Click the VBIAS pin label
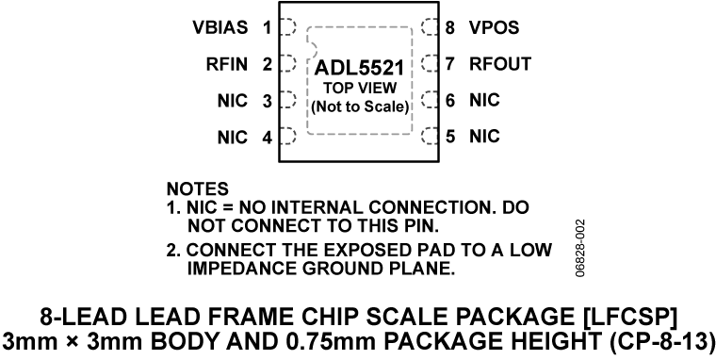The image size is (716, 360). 218,28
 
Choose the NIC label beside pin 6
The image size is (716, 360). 484,100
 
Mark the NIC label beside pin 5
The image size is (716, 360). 484,137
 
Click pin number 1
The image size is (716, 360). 268,28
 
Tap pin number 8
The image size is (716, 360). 449,28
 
